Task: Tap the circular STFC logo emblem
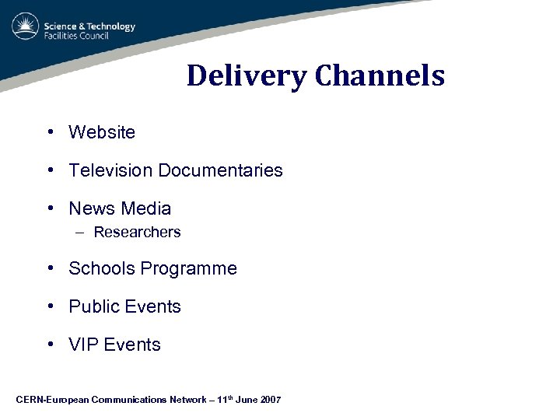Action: [x=25, y=26]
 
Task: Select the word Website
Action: [x=102, y=132]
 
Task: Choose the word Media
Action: [x=145, y=208]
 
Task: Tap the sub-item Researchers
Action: [x=137, y=232]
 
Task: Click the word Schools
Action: [x=101, y=269]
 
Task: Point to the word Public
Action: [x=95, y=306]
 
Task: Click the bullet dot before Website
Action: [x=49, y=132]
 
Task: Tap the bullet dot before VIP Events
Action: [x=49, y=345]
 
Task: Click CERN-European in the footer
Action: [x=52, y=400]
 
